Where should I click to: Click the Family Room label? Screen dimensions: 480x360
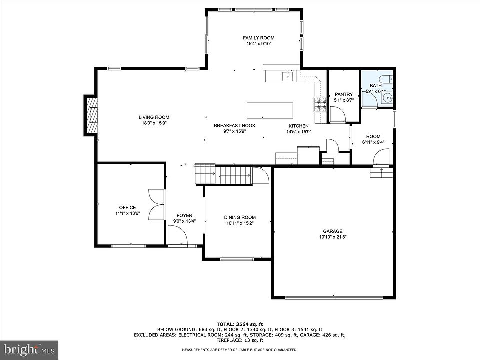click(x=258, y=38)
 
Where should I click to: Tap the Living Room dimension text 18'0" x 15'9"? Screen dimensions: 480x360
click(x=154, y=123)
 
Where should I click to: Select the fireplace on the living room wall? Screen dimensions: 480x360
click(x=91, y=115)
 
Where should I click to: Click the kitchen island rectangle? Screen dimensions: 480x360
click(x=270, y=110)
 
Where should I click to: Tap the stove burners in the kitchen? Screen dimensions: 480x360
click(x=320, y=104)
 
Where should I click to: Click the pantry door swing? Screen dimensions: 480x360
click(x=337, y=115)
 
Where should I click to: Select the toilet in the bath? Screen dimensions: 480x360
click(x=386, y=79)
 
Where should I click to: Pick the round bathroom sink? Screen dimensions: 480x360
click(x=387, y=98)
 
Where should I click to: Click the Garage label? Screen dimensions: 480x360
click(x=333, y=231)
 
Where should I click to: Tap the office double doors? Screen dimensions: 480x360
click(x=156, y=205)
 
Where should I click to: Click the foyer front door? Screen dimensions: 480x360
click(x=178, y=235)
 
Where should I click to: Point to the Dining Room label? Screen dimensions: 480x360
click(x=240, y=217)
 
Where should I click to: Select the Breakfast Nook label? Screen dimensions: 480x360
click(x=235, y=126)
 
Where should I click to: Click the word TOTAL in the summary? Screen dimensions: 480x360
click(x=225, y=324)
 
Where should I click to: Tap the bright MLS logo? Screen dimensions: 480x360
click(x=29, y=350)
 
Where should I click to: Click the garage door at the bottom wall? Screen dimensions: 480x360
click(x=334, y=297)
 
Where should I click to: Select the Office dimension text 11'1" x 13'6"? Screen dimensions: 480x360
click(x=127, y=213)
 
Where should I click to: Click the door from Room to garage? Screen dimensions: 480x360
click(x=382, y=157)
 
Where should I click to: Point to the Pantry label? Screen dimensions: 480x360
click(x=344, y=94)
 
